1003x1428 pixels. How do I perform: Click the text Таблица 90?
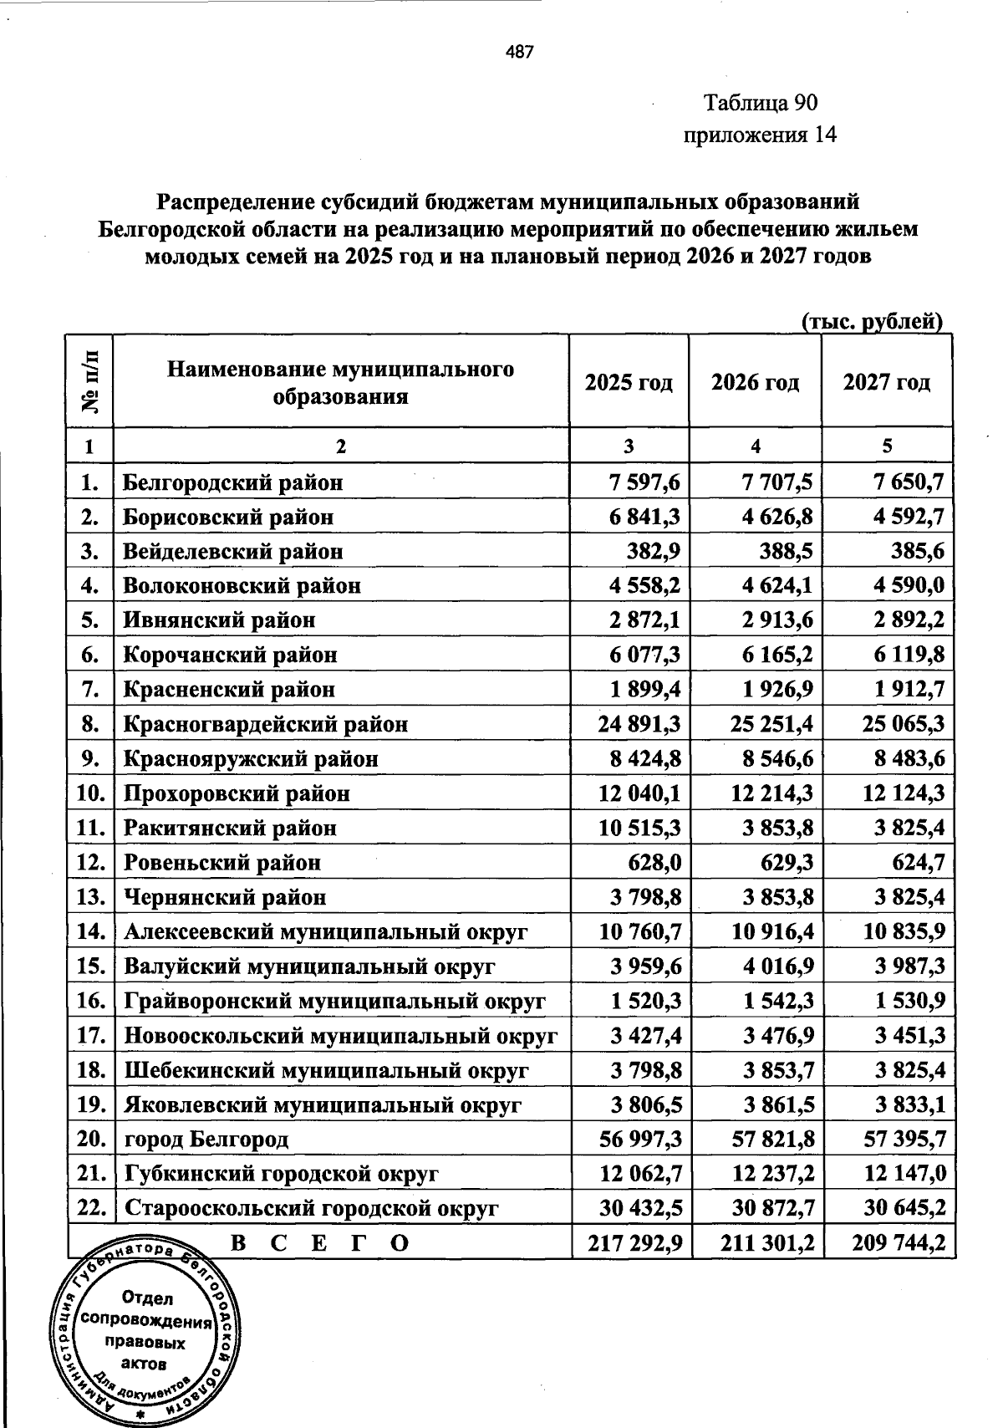[760, 103]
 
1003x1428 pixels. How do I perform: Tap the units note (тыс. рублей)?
[872, 322]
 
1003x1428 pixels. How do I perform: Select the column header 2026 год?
[755, 382]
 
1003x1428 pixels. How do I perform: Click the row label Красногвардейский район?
[266, 724]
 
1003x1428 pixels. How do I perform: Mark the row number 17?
[89, 1036]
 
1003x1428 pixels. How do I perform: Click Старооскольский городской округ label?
[311, 1209]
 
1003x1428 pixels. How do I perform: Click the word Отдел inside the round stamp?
[147, 1298]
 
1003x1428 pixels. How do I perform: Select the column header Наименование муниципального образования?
[340, 382]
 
